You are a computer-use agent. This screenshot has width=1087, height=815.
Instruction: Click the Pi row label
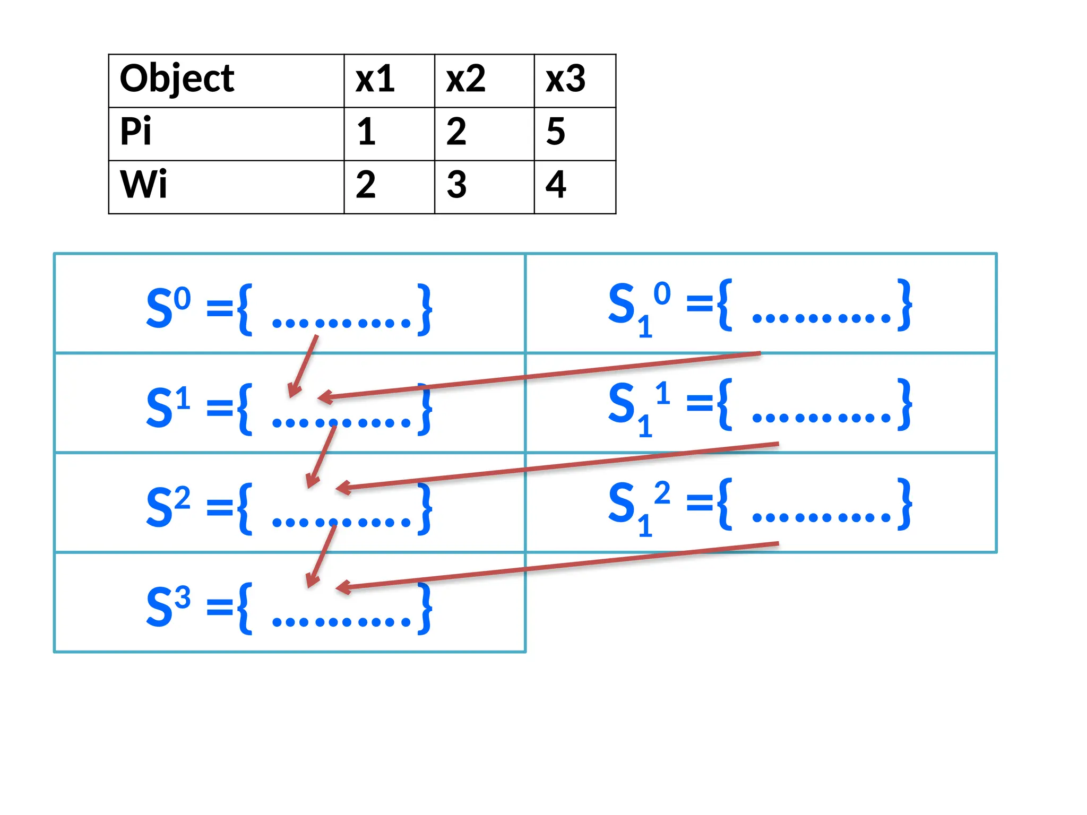136,132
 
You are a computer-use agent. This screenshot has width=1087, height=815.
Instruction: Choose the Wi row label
143,185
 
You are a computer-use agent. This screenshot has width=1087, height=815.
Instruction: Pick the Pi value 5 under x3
556,132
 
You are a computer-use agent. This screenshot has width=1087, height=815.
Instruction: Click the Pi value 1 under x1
366,132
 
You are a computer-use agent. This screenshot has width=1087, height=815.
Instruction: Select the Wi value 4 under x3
556,185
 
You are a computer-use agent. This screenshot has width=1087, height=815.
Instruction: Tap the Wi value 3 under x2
456,185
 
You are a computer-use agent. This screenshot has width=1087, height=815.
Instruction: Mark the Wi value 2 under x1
366,185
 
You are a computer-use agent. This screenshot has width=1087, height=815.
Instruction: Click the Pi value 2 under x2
456,132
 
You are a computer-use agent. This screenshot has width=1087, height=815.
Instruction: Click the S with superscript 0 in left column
168,307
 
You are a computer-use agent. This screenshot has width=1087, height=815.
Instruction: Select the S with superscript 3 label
168,606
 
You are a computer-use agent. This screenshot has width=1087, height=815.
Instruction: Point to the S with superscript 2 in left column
168,506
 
